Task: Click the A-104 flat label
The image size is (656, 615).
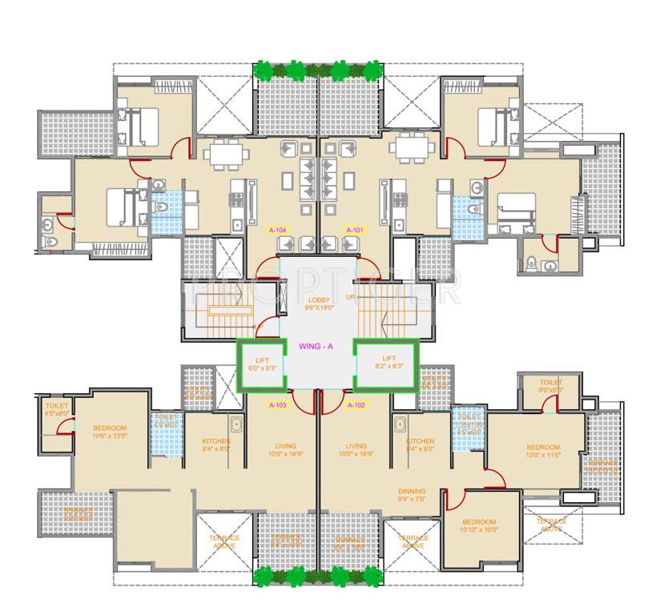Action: pyautogui.click(x=278, y=230)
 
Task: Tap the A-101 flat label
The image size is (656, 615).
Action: pyautogui.click(x=354, y=230)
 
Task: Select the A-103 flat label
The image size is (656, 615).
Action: pyautogui.click(x=278, y=404)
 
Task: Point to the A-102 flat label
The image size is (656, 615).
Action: pyautogui.click(x=356, y=404)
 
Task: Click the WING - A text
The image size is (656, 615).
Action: pyautogui.click(x=316, y=347)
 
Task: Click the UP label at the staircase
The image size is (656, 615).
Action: pyautogui.click(x=349, y=297)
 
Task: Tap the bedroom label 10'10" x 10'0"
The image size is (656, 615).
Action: pyautogui.click(x=479, y=525)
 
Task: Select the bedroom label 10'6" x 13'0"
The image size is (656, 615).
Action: pyautogui.click(x=109, y=432)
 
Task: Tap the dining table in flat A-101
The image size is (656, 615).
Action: pyautogui.click(x=410, y=147)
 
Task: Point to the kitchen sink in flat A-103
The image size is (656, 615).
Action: pyautogui.click(x=236, y=425)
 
